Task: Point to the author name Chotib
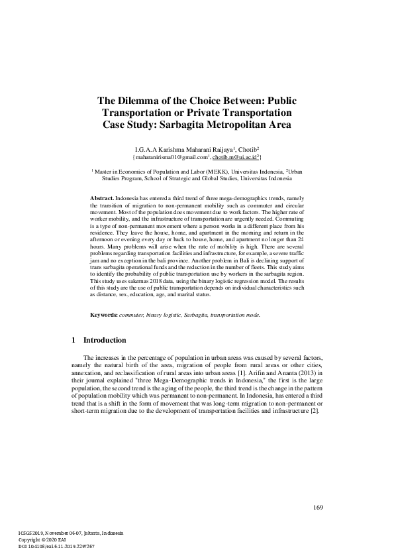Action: point(248,149)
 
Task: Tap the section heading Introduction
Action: point(104,341)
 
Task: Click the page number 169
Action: point(317,508)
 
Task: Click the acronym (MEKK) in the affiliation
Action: point(211,171)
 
